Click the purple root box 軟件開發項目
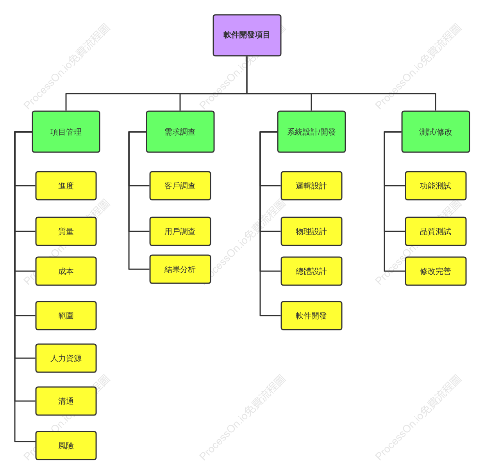247,35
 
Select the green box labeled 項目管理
66,132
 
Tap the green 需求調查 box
180,132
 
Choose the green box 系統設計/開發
311,132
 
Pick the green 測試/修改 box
436,132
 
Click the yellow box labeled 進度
66,186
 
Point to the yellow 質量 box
66,231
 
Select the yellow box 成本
66,271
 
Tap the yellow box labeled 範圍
66,316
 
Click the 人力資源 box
66,358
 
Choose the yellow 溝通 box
66,401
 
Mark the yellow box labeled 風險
66,446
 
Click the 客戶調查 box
180,186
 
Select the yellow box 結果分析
180,269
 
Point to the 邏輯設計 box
311,186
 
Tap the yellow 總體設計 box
311,271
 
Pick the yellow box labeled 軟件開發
311,316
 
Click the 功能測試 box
436,186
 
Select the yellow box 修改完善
436,271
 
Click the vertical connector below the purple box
247,75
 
